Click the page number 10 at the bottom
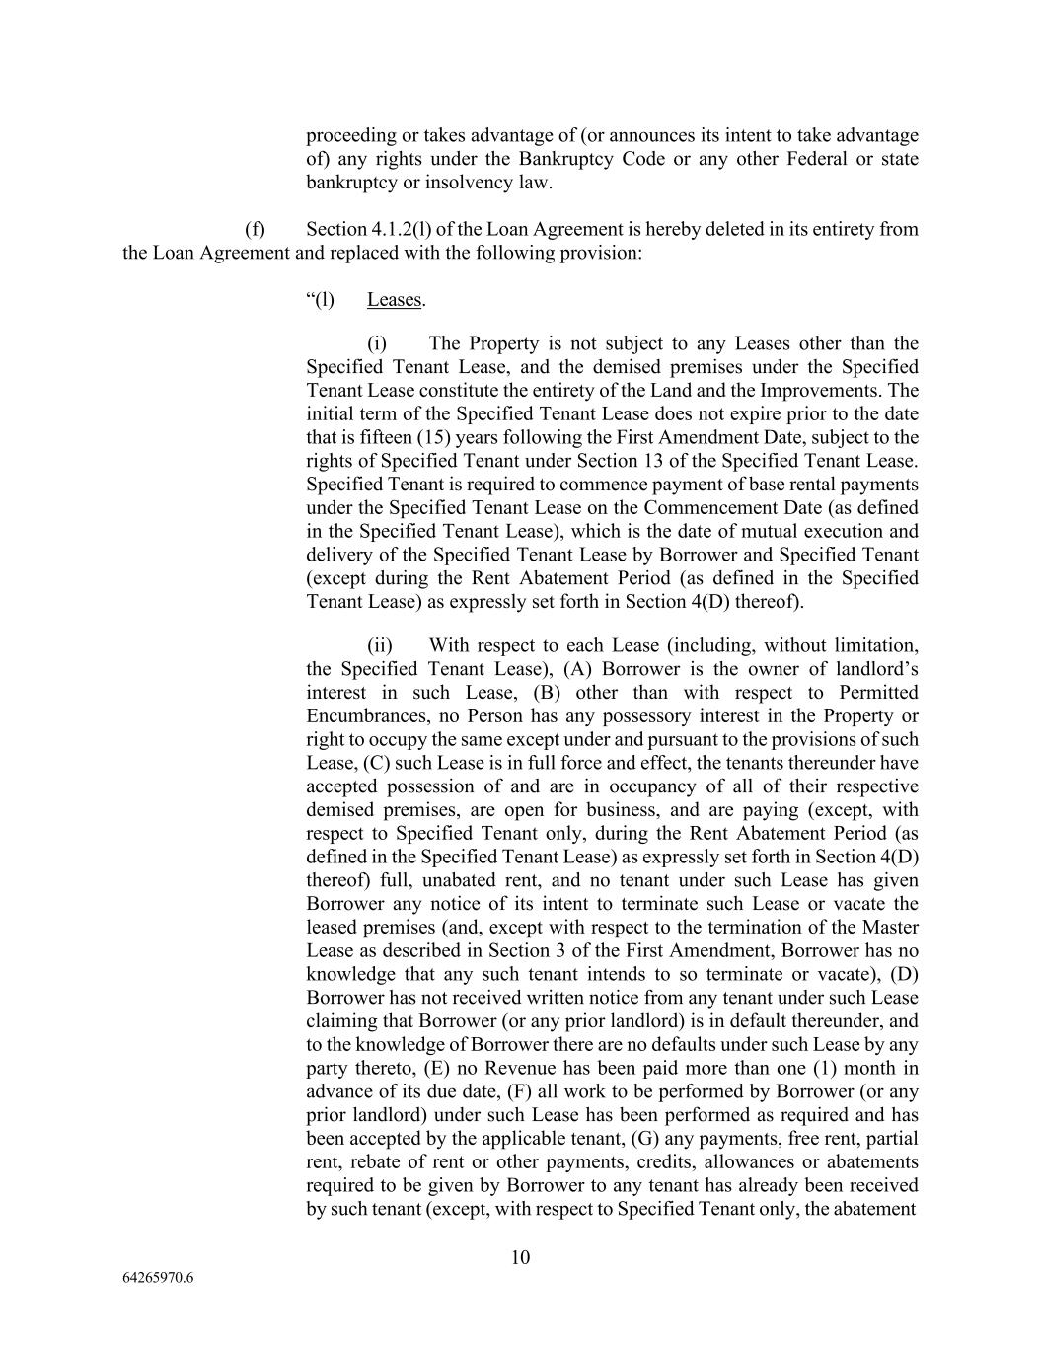(x=521, y=1257)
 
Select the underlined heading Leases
(x=394, y=300)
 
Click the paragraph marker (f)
(x=255, y=229)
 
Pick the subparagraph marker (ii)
(x=380, y=645)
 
